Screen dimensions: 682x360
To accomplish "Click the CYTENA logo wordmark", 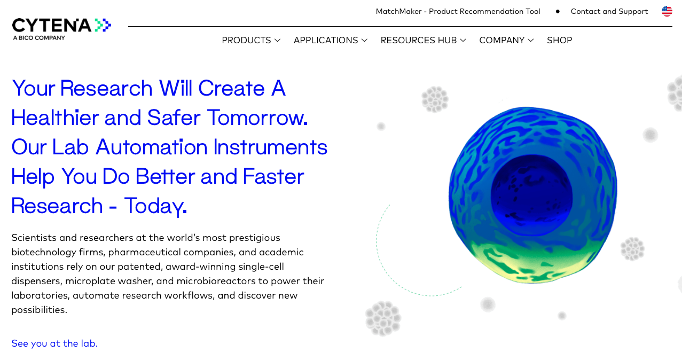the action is click(x=52, y=25).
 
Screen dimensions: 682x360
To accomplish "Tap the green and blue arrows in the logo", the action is click(x=103, y=25).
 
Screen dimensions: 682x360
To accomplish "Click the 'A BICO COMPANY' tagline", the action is click(x=39, y=38).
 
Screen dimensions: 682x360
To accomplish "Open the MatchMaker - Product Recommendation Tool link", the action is click(x=458, y=11).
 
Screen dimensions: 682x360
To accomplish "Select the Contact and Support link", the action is click(x=609, y=11).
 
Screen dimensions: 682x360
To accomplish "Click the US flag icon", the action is click(x=667, y=11).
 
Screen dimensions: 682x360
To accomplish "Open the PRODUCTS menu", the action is click(x=251, y=40).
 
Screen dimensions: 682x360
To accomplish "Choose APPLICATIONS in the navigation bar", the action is click(x=331, y=40).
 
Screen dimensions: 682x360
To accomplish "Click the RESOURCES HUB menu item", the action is click(x=423, y=40).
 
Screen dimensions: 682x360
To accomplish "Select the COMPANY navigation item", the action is click(x=506, y=40).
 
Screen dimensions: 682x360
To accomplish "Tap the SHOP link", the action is click(x=559, y=40).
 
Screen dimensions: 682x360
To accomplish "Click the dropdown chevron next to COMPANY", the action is click(x=531, y=41).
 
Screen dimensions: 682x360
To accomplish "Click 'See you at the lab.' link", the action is click(x=54, y=343).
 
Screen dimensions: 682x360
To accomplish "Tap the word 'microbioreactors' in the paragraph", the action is click(x=216, y=281).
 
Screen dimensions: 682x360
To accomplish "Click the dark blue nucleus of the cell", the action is click(x=531, y=195).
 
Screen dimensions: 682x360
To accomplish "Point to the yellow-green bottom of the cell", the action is click(x=530, y=264).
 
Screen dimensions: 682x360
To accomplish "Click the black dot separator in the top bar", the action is click(x=558, y=12).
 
